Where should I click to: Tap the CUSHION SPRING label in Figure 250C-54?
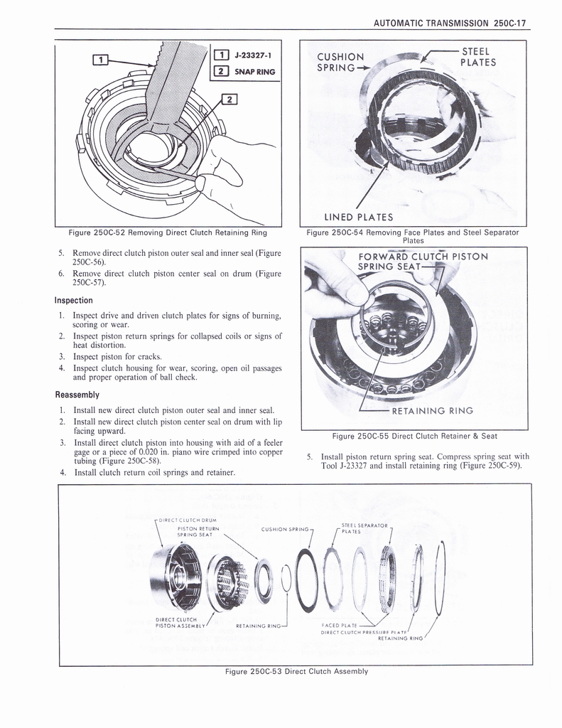click(x=340, y=63)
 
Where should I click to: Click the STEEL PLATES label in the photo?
click(x=477, y=56)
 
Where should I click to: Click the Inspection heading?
click(x=74, y=300)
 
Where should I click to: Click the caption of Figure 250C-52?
click(x=168, y=232)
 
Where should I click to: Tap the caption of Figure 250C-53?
click(x=296, y=671)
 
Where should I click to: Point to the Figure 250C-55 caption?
click(x=415, y=436)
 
